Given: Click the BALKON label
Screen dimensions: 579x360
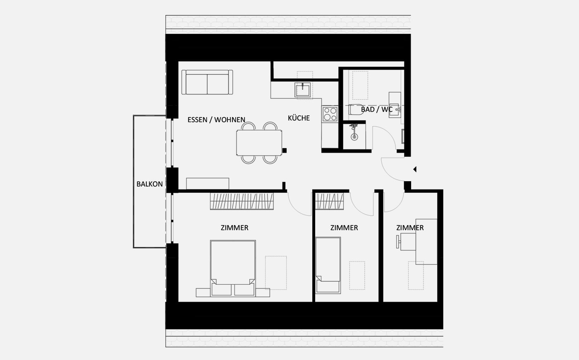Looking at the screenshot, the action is click(149, 184).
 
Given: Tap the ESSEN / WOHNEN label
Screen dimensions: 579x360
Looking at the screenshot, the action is click(216, 120).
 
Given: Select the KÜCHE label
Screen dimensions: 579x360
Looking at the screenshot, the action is click(299, 118).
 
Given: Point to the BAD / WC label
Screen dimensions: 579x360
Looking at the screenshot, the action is click(377, 109).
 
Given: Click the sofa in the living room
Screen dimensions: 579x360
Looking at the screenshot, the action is click(207, 82).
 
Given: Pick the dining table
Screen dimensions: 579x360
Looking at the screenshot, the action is click(259, 143).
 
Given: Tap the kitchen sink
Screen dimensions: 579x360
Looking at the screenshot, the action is click(303, 90).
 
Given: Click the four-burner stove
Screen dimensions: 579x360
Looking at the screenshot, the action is click(330, 114).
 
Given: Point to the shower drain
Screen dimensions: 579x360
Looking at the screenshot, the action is click(354, 137).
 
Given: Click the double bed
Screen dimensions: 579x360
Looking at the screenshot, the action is click(233, 269).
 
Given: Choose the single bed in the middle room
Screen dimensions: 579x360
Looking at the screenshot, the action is click(328, 265).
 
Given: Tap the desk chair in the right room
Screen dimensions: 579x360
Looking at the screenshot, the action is click(406, 242).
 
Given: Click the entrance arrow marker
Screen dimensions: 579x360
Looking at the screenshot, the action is click(415, 169).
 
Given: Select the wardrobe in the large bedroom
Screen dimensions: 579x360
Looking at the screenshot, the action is click(242, 201).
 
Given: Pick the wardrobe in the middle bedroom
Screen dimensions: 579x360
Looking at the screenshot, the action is click(329, 201).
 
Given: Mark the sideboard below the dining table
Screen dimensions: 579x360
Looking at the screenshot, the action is click(208, 184).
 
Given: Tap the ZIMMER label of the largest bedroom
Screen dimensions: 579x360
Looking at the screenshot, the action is click(234, 228).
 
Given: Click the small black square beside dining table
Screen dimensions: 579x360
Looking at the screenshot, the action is click(285, 151).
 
